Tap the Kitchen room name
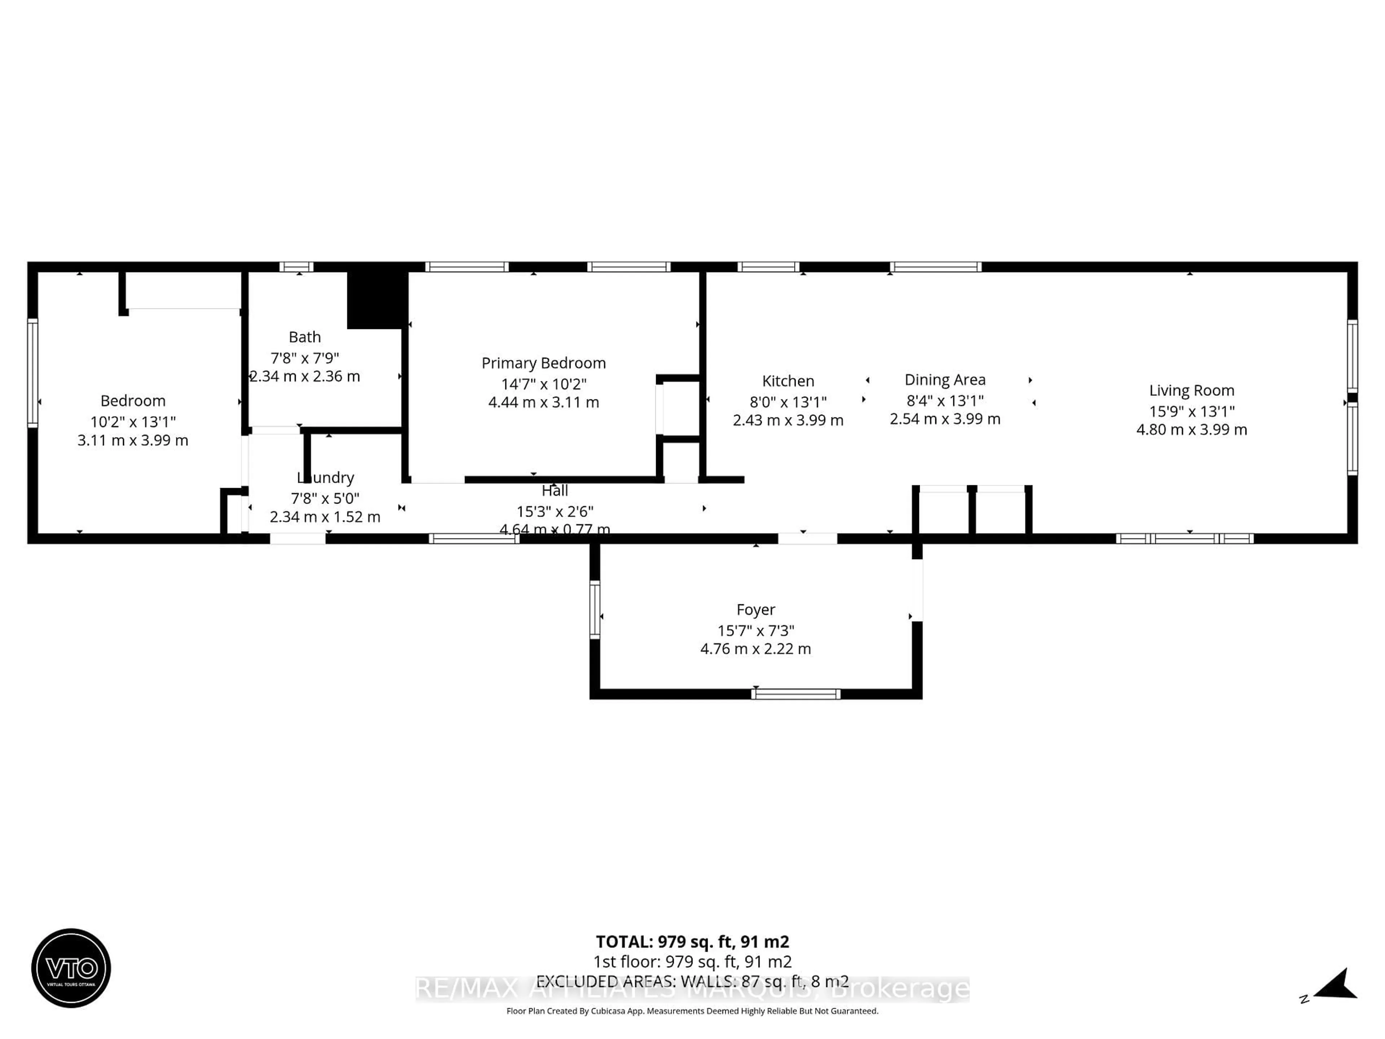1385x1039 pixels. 788,381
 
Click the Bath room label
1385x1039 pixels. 304,337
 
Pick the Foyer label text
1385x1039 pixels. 755,609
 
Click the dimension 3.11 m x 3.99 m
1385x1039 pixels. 133,440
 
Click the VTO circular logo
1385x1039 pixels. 71,968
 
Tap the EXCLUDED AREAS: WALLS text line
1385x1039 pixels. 692,981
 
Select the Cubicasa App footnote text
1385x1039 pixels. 692,1011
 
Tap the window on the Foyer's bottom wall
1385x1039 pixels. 795,694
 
